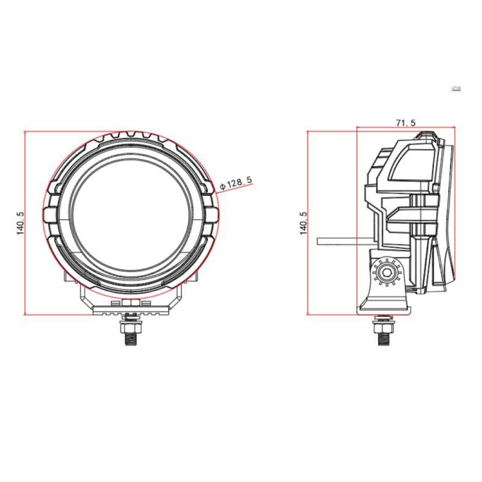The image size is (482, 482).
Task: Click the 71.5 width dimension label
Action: (x=405, y=122)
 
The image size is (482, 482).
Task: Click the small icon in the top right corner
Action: (x=457, y=89)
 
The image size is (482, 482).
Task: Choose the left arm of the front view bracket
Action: (x=83, y=295)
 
